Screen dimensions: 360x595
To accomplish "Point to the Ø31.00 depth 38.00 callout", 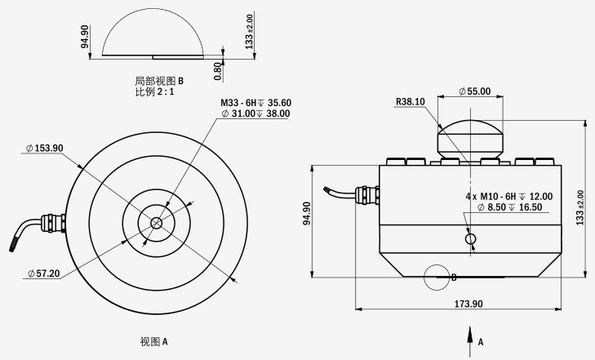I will coord(255,114).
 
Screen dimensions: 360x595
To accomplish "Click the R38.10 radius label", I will coord(410,102).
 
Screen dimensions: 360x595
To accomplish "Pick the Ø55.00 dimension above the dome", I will coord(475,91).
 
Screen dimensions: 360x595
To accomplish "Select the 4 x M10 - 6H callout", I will coord(508,196).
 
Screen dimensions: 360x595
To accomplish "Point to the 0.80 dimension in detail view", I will coord(217,70).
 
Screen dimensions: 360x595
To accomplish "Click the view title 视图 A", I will coord(153,341).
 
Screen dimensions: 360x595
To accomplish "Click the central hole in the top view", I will coord(155,222).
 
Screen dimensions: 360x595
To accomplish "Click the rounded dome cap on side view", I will coord(470,140).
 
